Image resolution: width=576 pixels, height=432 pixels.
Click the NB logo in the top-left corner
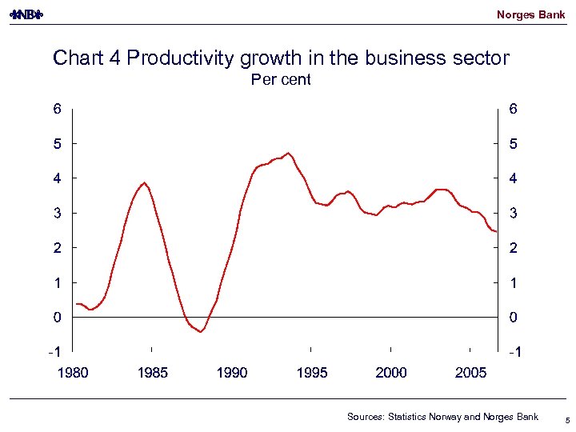[x=26, y=15]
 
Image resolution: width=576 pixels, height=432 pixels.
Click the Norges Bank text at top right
[x=530, y=14]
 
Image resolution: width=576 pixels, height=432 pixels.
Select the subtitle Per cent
[x=281, y=79]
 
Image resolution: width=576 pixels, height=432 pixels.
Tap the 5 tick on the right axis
[x=513, y=144]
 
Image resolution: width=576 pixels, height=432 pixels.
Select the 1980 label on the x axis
[x=72, y=373]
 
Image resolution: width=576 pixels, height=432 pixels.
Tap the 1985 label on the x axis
[x=152, y=373]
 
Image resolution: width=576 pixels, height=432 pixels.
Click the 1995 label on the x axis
[x=311, y=373]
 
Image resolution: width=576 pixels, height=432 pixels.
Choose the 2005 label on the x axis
[x=470, y=373]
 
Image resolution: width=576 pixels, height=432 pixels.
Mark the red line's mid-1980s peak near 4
[x=144, y=182]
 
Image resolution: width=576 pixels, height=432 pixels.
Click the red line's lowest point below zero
[x=200, y=331]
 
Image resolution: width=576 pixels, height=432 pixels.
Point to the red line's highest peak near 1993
[x=288, y=153]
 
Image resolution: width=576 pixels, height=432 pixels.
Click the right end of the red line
[x=496, y=231]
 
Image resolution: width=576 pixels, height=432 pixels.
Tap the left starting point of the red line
[x=76, y=304]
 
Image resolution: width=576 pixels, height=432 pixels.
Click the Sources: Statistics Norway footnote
[x=442, y=417]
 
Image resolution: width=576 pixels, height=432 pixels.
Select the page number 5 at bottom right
[x=566, y=419]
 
